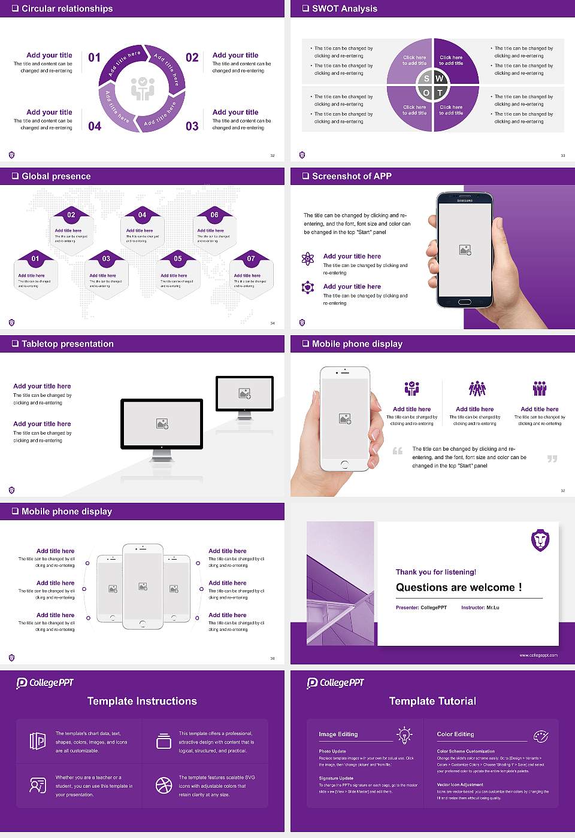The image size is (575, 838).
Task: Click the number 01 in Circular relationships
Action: click(x=95, y=57)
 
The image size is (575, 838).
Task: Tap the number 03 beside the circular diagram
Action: click(x=192, y=126)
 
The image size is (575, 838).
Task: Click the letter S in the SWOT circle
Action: click(x=426, y=78)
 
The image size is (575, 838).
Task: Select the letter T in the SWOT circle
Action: click(x=440, y=93)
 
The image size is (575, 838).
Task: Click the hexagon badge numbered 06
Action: click(x=214, y=215)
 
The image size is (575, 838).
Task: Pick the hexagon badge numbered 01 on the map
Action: click(x=35, y=259)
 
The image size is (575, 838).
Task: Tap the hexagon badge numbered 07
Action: click(x=251, y=259)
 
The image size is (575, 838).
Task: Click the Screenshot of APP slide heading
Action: click(x=352, y=176)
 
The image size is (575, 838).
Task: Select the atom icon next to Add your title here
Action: click(x=308, y=259)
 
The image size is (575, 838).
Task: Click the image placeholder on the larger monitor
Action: click(x=162, y=424)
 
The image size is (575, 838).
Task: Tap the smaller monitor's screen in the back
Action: click(x=244, y=393)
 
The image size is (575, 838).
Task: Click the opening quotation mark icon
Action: click(x=398, y=451)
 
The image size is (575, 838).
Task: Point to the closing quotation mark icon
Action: click(x=552, y=459)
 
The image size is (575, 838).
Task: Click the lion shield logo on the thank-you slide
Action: click(x=540, y=540)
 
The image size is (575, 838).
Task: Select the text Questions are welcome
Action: click(x=458, y=587)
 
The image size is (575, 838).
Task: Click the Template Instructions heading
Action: click(x=142, y=701)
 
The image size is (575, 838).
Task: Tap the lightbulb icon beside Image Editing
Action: click(x=404, y=735)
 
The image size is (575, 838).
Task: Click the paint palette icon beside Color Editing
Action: click(x=540, y=736)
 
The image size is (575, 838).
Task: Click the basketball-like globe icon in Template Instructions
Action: click(x=164, y=785)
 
